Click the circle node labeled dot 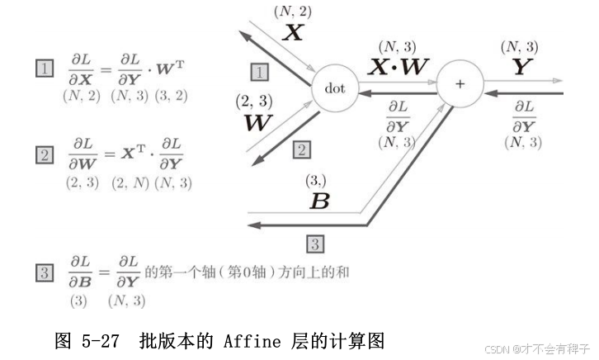click(335, 87)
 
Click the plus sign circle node click(460, 85)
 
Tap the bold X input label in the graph click(294, 33)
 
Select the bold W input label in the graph click(258, 123)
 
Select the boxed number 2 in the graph click(302, 149)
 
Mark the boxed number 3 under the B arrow click(316, 243)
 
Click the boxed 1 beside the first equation click(44, 69)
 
